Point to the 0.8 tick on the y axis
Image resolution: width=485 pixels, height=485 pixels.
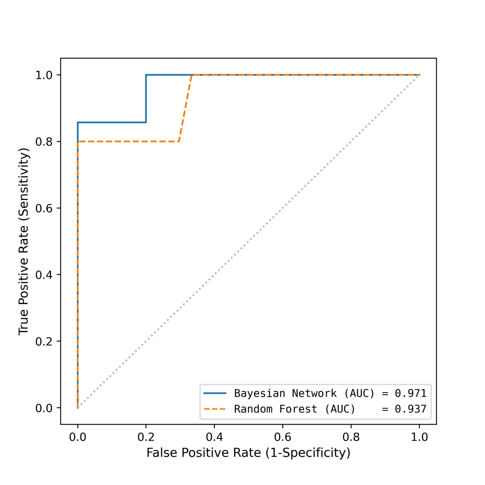click(45, 142)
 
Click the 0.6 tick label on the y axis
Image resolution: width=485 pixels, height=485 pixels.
click(45, 208)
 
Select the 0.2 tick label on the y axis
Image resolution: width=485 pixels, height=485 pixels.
click(45, 341)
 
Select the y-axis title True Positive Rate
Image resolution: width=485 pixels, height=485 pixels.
click(24, 241)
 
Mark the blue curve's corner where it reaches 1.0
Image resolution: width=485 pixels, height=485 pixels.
click(146, 75)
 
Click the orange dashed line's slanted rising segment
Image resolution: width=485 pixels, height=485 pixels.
click(185, 108)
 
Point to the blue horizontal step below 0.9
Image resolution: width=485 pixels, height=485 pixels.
click(112, 122)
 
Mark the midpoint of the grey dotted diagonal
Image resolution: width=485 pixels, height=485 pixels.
click(248, 241)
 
